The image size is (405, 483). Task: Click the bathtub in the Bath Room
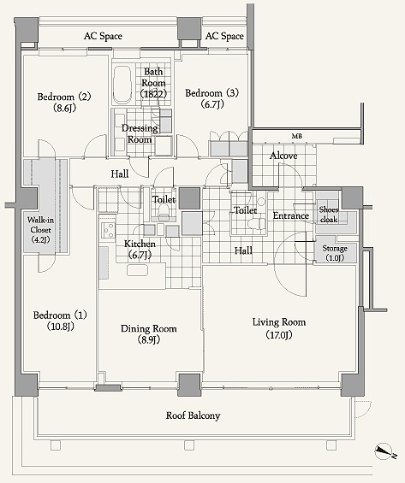point(122,85)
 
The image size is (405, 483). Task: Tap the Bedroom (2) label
point(64,97)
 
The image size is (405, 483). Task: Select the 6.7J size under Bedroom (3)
point(212,104)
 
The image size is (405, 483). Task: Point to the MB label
point(297,136)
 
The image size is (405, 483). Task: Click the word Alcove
point(283,156)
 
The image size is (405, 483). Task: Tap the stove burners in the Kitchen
point(108,230)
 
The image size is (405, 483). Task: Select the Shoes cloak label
point(329,215)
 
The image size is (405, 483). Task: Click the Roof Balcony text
point(194,415)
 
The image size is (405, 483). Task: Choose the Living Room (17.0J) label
point(279,328)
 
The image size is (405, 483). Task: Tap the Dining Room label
point(149,328)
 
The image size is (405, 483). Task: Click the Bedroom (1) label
point(60,315)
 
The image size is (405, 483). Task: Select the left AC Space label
point(103,36)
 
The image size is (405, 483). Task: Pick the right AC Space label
point(224,36)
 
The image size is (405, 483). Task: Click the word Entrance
point(291,215)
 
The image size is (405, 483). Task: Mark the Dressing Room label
point(140,133)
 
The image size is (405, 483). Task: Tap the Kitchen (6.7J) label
point(140,250)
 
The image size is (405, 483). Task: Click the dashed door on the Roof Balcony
point(362,409)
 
